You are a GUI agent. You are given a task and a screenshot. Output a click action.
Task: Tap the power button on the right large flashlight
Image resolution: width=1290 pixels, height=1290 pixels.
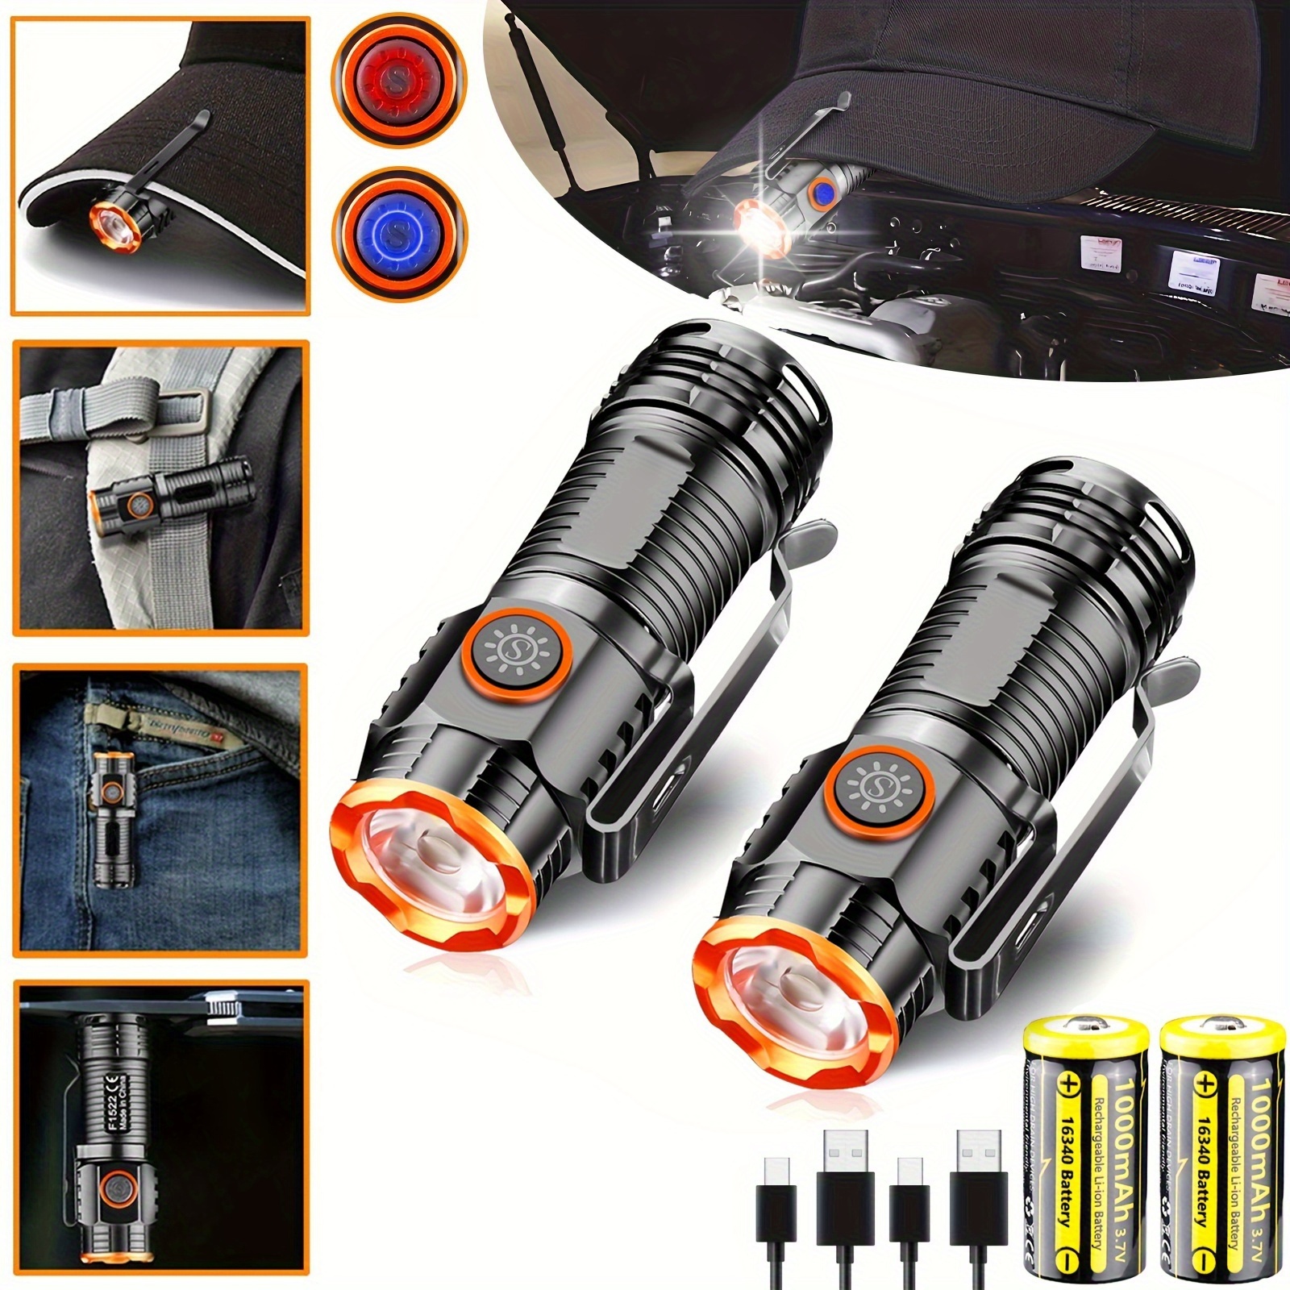[876, 783]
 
